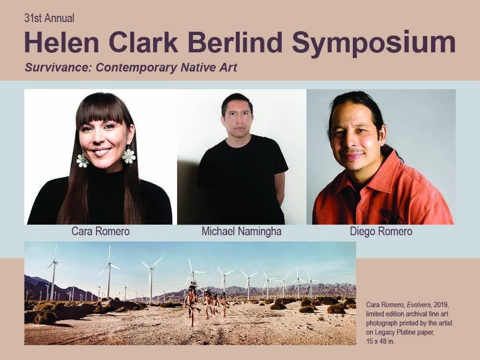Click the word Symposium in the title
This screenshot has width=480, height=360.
click(374, 43)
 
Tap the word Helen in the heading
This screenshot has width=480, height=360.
click(61, 42)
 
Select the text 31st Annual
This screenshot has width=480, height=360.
click(49, 18)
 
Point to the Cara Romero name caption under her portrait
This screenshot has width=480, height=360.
click(100, 231)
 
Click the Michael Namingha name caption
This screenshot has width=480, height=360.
click(241, 231)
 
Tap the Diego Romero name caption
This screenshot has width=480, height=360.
click(381, 231)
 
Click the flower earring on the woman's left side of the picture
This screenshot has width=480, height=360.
click(83, 160)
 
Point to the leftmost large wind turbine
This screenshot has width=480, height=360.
click(53, 273)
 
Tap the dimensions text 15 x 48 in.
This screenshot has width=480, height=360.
click(380, 341)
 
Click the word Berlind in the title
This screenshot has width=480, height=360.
click(235, 42)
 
